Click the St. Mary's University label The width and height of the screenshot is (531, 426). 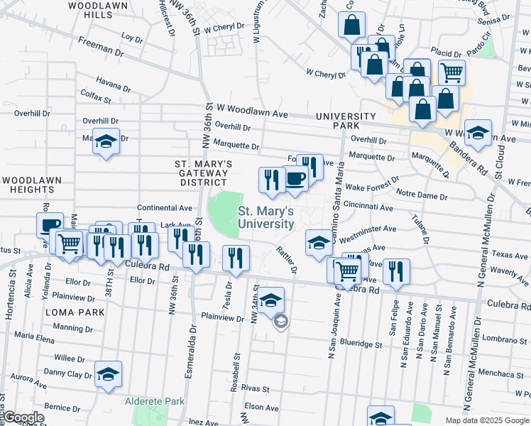tap(265, 217)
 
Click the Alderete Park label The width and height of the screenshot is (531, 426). tap(155, 402)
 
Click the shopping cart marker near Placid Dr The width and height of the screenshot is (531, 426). tap(451, 71)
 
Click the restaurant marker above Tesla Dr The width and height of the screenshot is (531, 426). tap(236, 257)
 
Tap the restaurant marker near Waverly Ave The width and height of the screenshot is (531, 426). tap(395, 271)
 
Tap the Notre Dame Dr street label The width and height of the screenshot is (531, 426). tap(422, 194)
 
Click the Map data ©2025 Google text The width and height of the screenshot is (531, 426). tap(486, 420)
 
